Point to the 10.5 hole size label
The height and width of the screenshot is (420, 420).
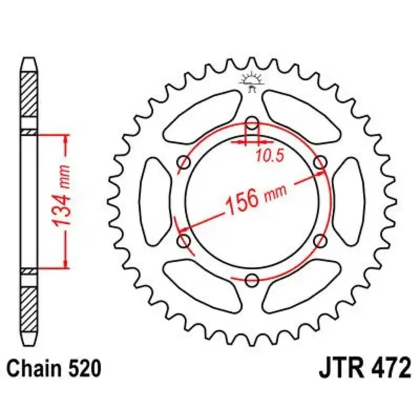coord(270,155)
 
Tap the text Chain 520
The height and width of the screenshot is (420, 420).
coord(54,369)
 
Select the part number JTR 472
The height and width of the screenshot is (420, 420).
coord(364,369)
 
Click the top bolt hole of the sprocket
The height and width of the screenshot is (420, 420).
coord(252,124)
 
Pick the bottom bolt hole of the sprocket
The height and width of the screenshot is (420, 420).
coord(252,280)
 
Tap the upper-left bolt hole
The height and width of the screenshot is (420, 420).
coord(184,162)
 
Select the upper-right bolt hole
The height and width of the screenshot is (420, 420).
coord(320,162)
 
